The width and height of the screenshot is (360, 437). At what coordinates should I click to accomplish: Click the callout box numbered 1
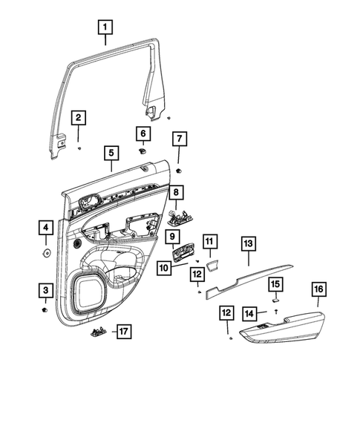pos(105,28)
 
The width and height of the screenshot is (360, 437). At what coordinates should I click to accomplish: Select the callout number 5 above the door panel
pos(111,154)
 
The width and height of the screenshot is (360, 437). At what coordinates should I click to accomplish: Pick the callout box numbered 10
pos(164,268)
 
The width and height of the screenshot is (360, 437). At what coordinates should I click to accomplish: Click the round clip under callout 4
pos(46,253)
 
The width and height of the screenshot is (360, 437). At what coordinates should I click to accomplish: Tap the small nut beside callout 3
pos(47,309)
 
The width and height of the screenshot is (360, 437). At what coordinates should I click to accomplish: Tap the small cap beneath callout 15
pos(274,301)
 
